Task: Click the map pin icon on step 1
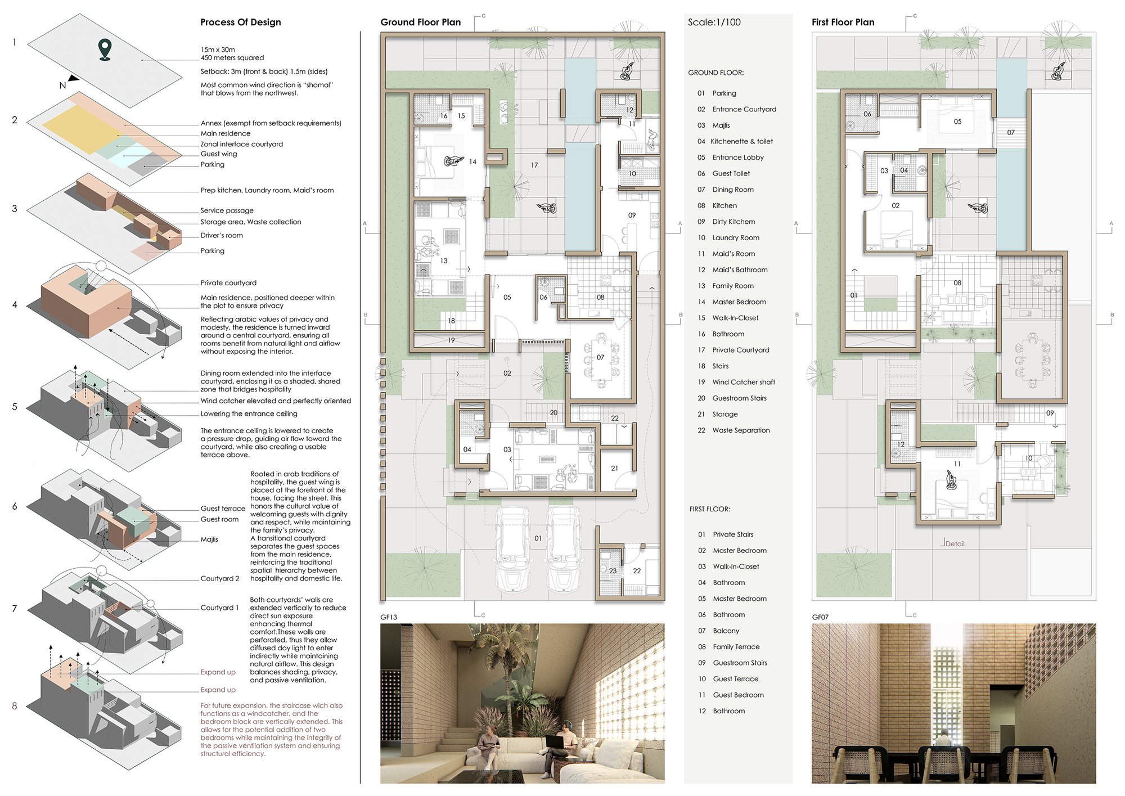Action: coord(105,49)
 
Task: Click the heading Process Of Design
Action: coord(240,23)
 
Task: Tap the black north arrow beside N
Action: coord(73,79)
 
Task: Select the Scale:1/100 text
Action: coord(714,23)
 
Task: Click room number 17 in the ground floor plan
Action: coord(534,165)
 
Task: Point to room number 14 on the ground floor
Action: coord(472,162)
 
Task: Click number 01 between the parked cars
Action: coord(538,538)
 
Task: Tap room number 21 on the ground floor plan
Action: coord(614,468)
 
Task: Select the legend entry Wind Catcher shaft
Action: coord(743,382)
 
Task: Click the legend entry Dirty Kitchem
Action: coord(733,222)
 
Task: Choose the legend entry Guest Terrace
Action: coord(735,679)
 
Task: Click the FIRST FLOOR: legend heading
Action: coord(709,509)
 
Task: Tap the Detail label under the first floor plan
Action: coord(955,544)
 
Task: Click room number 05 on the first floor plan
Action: coord(957,122)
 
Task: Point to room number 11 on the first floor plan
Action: coord(957,464)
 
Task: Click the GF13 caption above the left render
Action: coord(389,617)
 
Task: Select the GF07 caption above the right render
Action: coord(820,617)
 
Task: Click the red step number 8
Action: coord(15,706)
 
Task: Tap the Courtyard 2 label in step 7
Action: coord(219,578)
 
